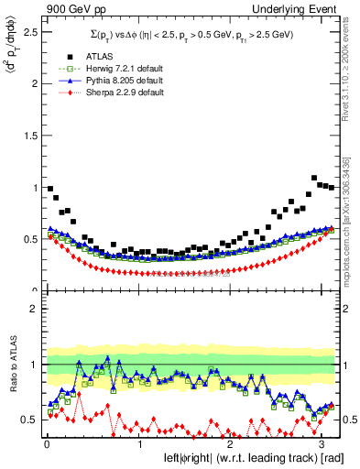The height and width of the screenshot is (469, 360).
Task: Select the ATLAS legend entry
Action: [92, 57]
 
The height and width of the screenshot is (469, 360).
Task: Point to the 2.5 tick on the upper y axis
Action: [29, 31]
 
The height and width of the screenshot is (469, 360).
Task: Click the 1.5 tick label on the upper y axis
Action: [29, 136]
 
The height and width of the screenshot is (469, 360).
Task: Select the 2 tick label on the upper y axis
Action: [34, 83]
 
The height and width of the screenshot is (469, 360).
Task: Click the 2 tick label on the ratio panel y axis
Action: [34, 309]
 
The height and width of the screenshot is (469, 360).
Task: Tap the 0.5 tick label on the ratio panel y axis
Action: [29, 420]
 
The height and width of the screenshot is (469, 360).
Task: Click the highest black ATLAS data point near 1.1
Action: [314, 178]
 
